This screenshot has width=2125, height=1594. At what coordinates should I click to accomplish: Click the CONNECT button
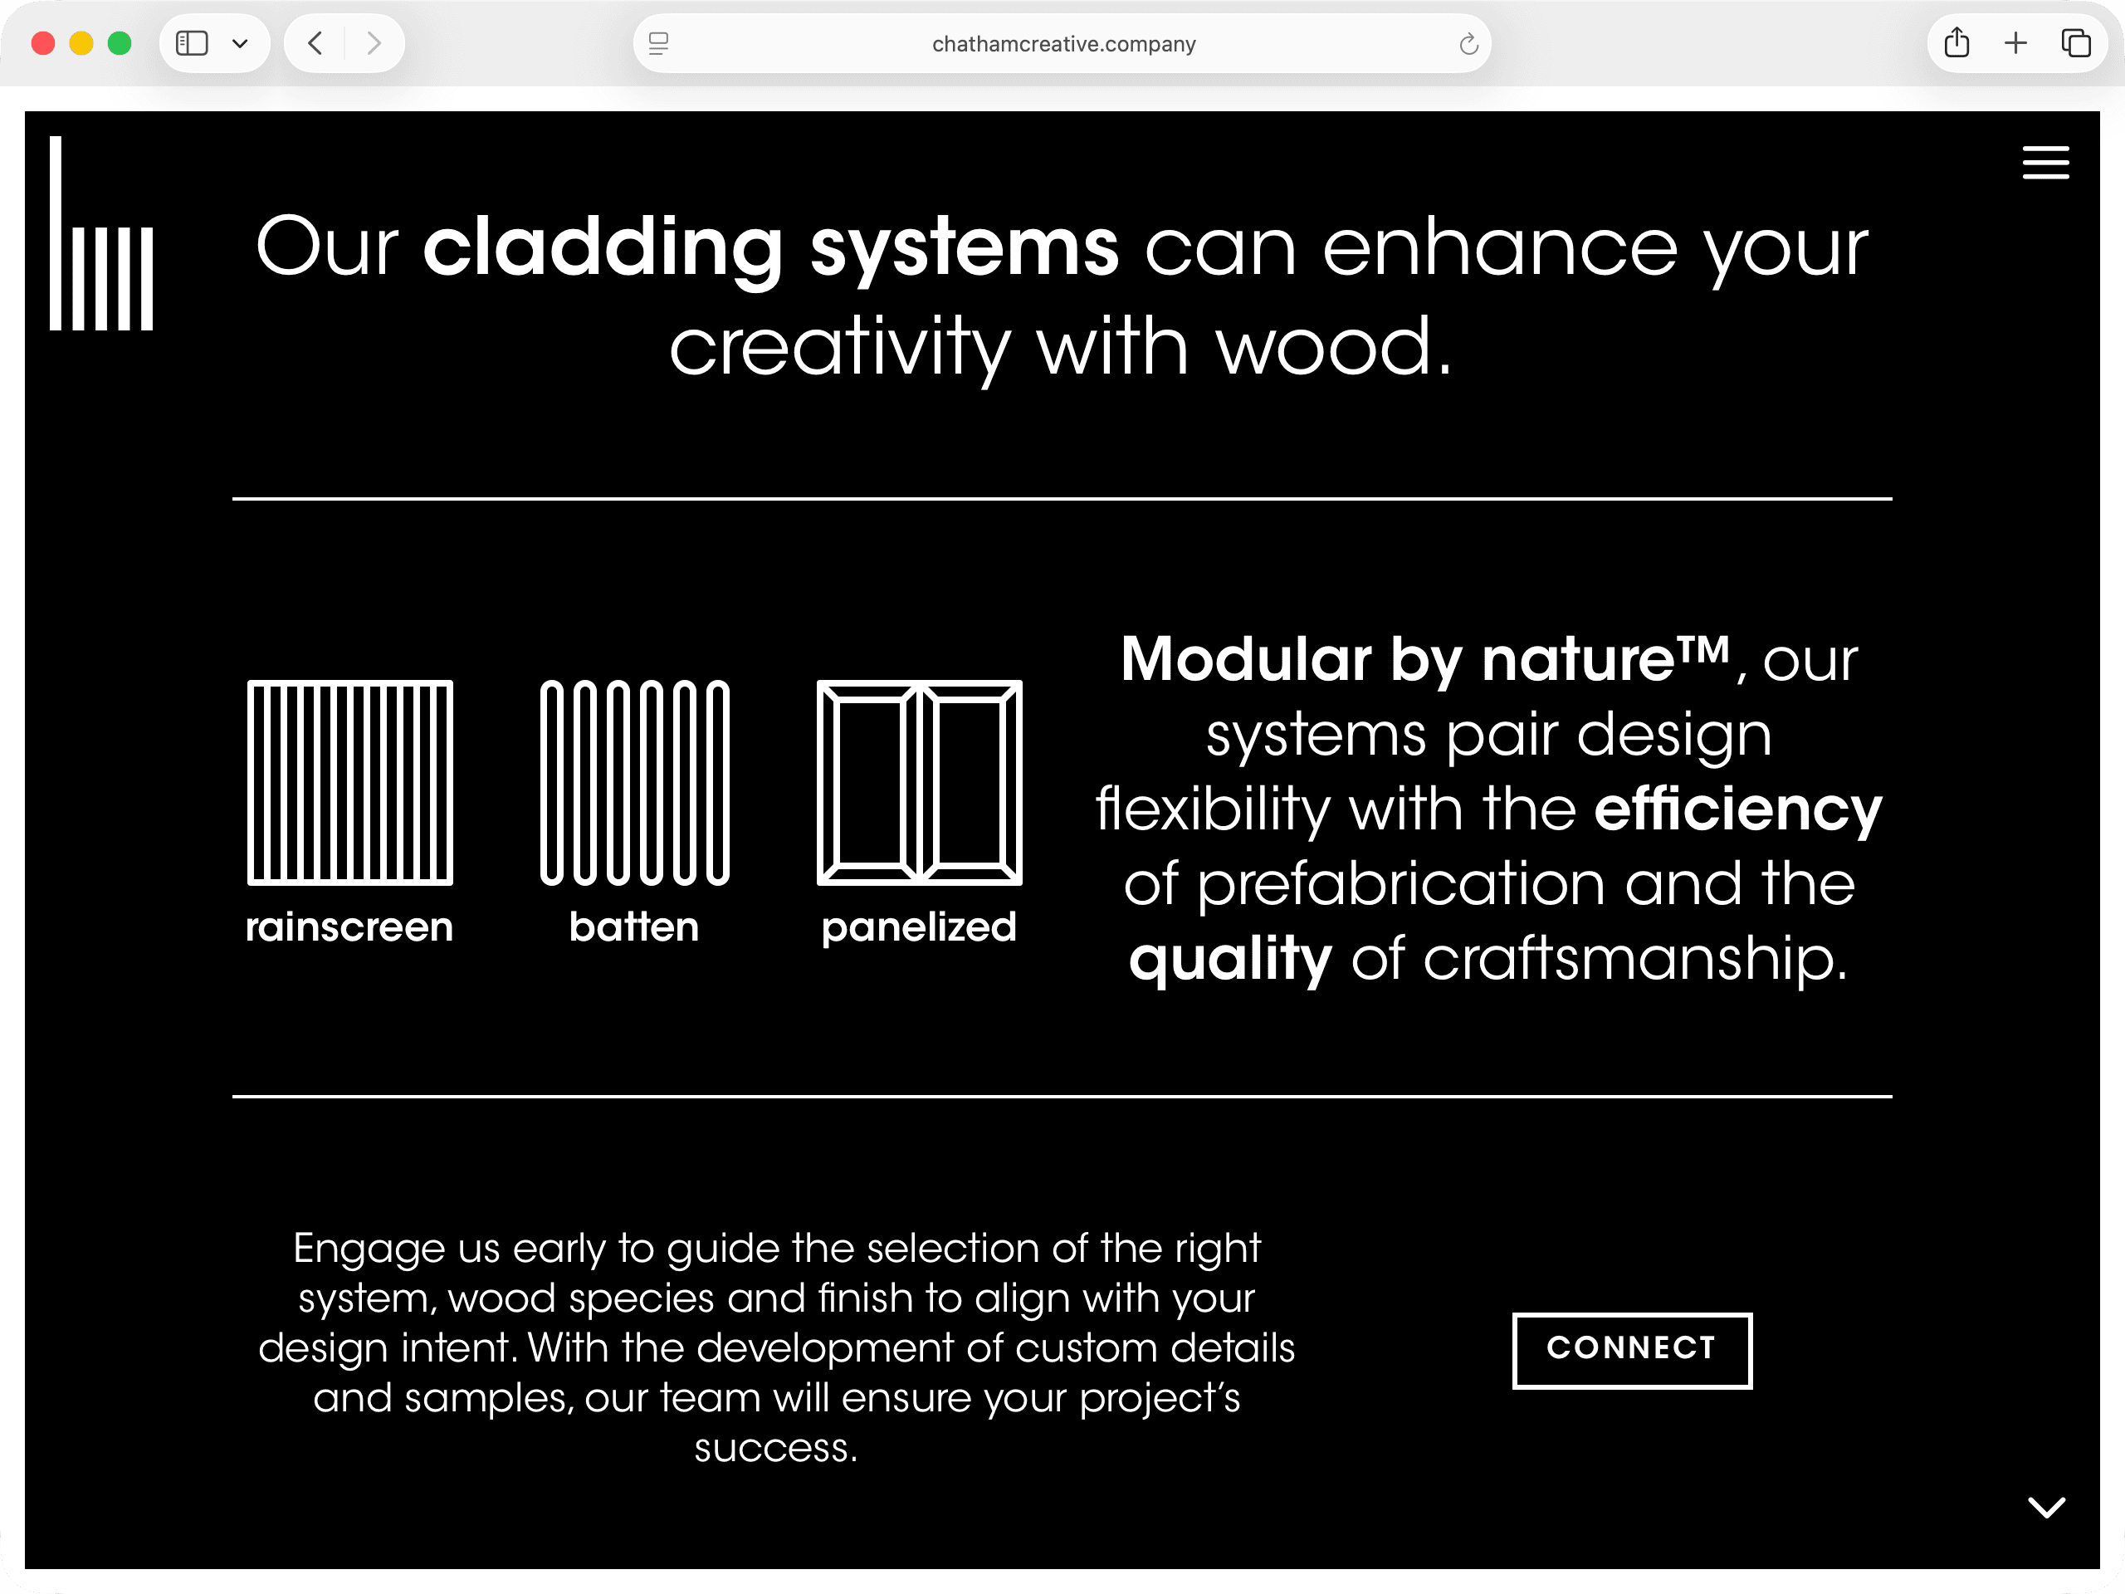(x=1631, y=1350)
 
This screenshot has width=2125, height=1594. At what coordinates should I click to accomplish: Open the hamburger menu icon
(x=2045, y=163)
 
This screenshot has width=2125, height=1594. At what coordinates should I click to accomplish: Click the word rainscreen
(x=349, y=927)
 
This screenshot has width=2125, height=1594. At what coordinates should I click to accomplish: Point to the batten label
(x=634, y=927)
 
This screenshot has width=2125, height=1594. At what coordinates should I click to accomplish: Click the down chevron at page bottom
(x=2046, y=1507)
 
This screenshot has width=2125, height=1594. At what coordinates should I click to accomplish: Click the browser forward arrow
(x=374, y=43)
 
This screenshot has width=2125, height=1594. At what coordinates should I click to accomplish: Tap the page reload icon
(x=1468, y=44)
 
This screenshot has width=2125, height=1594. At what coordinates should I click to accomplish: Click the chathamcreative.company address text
(x=1063, y=44)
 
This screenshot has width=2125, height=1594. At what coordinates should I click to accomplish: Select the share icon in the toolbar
(x=1956, y=43)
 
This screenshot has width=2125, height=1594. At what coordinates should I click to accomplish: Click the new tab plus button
(x=2015, y=43)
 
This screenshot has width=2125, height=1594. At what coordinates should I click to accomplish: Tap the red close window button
(x=43, y=43)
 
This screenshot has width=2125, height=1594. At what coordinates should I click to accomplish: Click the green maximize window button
(x=120, y=43)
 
